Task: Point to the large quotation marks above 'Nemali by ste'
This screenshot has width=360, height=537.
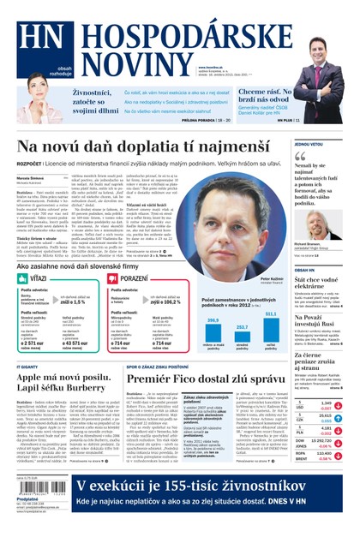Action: click(x=298, y=158)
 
